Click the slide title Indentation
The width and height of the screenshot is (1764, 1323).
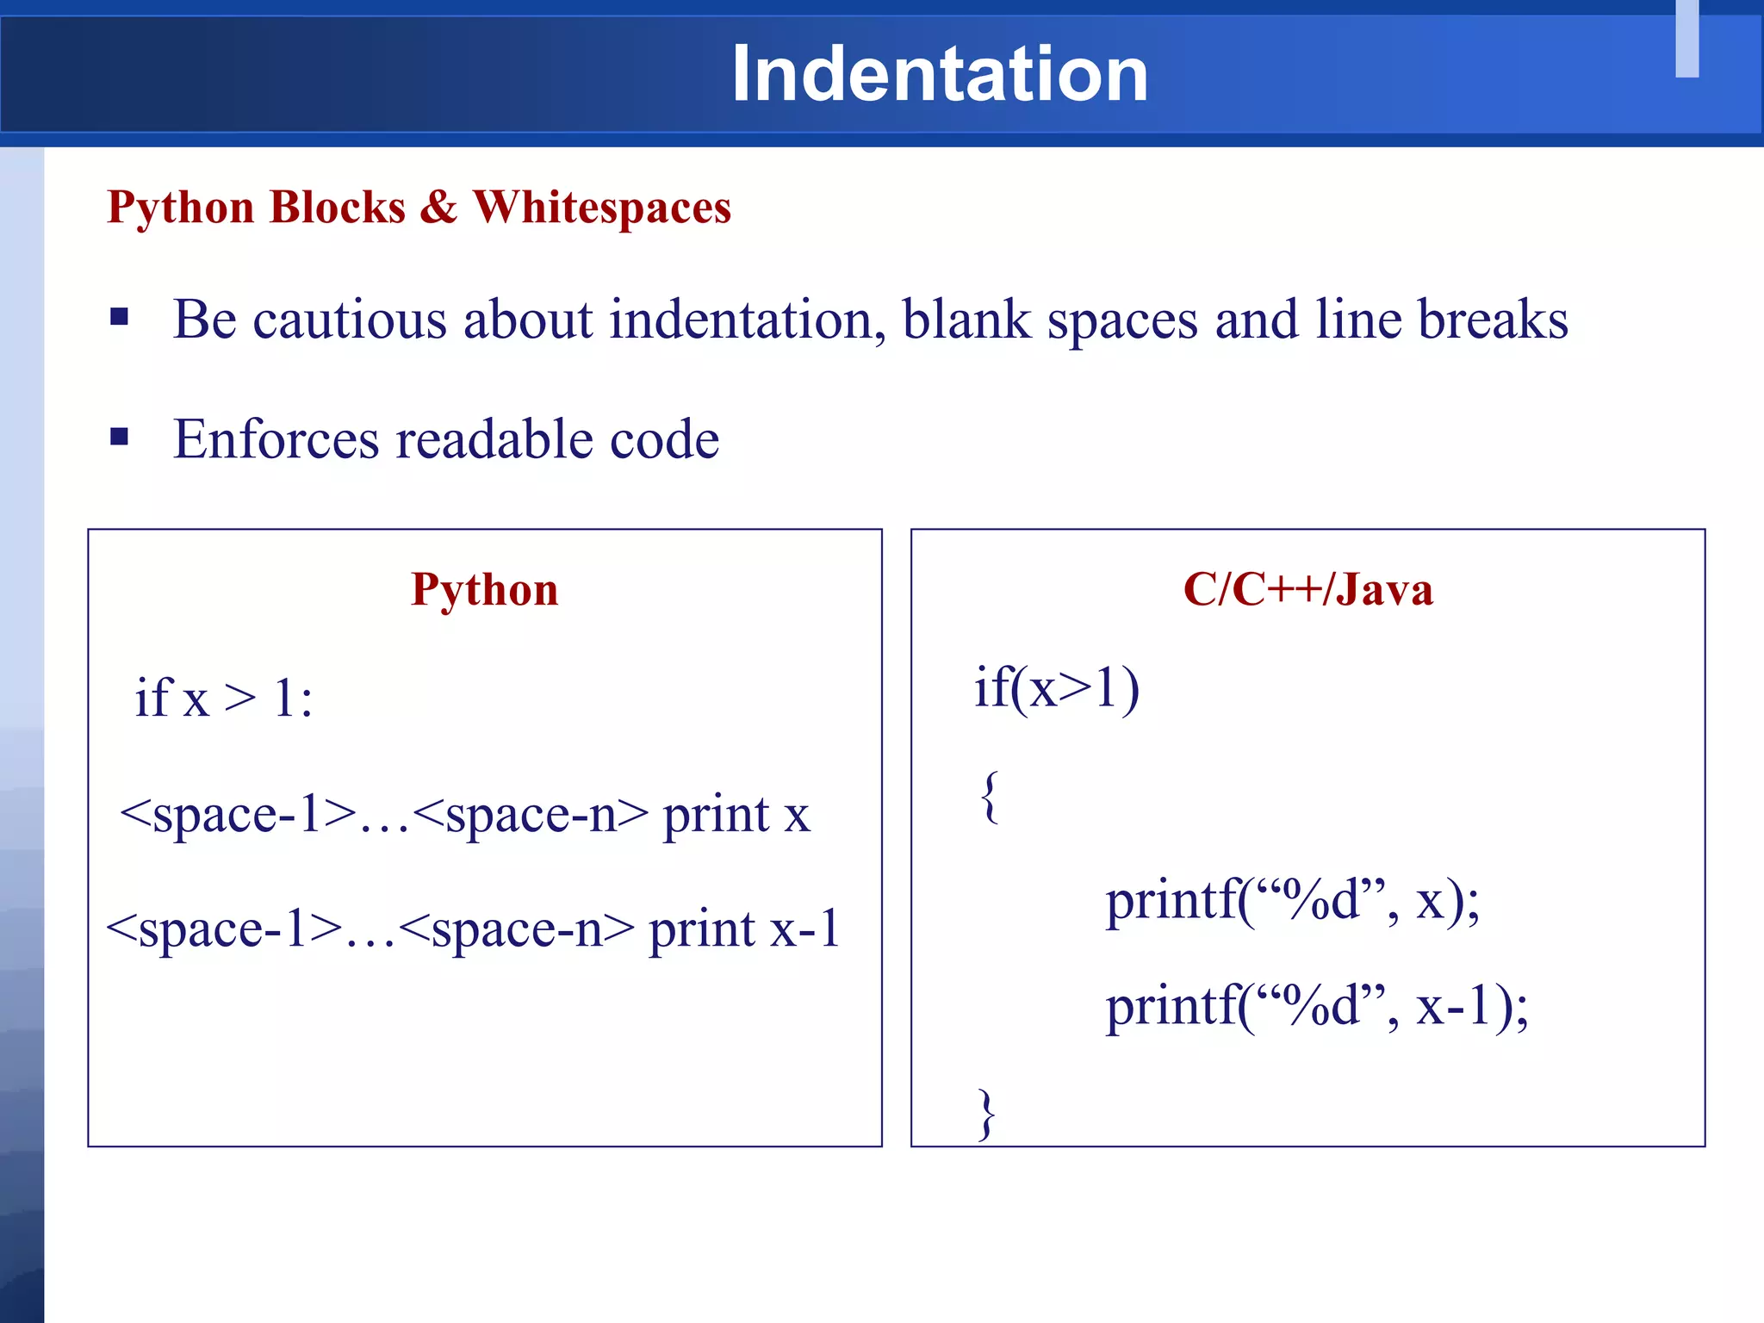(939, 75)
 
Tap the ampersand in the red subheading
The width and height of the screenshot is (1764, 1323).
(438, 208)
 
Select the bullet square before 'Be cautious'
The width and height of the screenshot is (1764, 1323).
(120, 317)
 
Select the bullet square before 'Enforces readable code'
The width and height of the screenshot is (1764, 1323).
(120, 437)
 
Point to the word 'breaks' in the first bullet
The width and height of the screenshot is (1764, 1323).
(1492, 320)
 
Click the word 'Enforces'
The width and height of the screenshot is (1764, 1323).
(275, 439)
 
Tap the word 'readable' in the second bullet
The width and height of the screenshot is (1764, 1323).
(494, 439)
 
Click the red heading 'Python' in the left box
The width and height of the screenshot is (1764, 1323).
(484, 590)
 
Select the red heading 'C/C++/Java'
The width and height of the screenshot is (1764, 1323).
(1307, 590)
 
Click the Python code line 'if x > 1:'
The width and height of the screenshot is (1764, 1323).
(223, 697)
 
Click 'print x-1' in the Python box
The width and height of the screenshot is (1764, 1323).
(744, 929)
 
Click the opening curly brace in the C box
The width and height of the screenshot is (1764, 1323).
(990, 796)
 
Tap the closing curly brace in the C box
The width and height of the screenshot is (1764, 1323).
(987, 1114)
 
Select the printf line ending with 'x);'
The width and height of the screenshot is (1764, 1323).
(1292, 901)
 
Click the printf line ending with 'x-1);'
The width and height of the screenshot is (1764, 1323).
(1316, 1005)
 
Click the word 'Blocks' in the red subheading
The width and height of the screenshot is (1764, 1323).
(337, 208)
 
